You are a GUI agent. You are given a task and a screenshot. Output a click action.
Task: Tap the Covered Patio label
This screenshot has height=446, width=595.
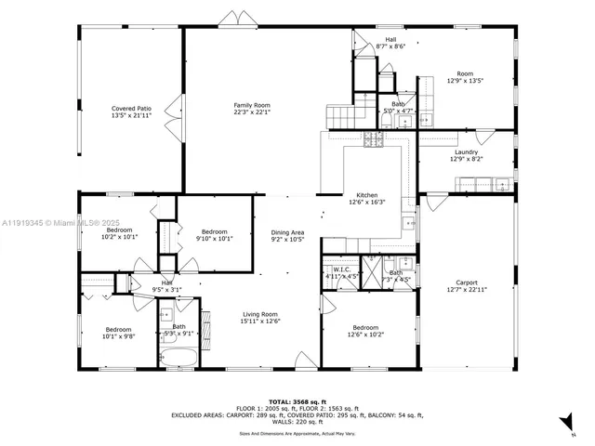[x=131, y=109]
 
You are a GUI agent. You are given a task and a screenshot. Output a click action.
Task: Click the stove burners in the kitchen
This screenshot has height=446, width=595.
[x=374, y=139]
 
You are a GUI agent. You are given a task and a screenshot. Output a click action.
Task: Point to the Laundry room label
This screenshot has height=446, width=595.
[x=466, y=152]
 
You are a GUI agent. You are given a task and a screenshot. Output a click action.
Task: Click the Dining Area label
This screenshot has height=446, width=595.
[x=287, y=232]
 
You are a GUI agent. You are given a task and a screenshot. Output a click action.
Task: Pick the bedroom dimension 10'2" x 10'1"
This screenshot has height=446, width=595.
[x=118, y=237]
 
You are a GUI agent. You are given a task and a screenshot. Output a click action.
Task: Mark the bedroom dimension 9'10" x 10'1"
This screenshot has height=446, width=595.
[x=214, y=238]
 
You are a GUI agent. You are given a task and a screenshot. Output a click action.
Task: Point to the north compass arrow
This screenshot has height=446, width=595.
[x=564, y=423]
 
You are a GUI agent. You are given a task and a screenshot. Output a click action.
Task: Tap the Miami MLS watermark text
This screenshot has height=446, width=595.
[x=56, y=223]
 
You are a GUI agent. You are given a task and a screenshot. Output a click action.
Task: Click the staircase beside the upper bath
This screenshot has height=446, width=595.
[x=342, y=116]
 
